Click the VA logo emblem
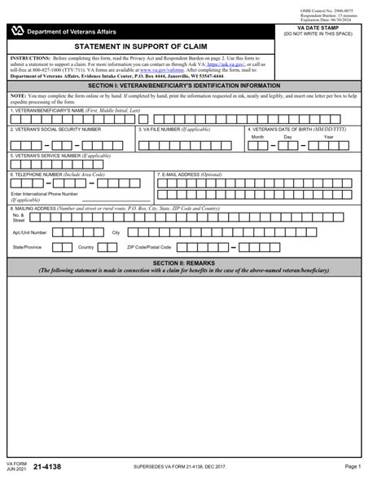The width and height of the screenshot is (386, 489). tap(17, 31)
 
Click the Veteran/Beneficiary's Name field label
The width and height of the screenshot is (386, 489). tap(75, 110)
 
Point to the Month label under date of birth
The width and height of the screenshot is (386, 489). tap(257, 137)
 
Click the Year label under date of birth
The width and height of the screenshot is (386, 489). tap(328, 137)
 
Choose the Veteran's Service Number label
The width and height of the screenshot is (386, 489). tap(59, 155)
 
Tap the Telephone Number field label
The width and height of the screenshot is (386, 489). tap(58, 174)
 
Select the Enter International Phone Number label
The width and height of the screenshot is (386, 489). tap(45, 195)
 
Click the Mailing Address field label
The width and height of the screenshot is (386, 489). tap(114, 209)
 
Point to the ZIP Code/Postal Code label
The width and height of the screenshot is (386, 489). tap(149, 246)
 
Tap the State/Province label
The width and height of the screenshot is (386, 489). tap(27, 246)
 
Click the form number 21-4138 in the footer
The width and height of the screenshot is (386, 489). tap(47, 467)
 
